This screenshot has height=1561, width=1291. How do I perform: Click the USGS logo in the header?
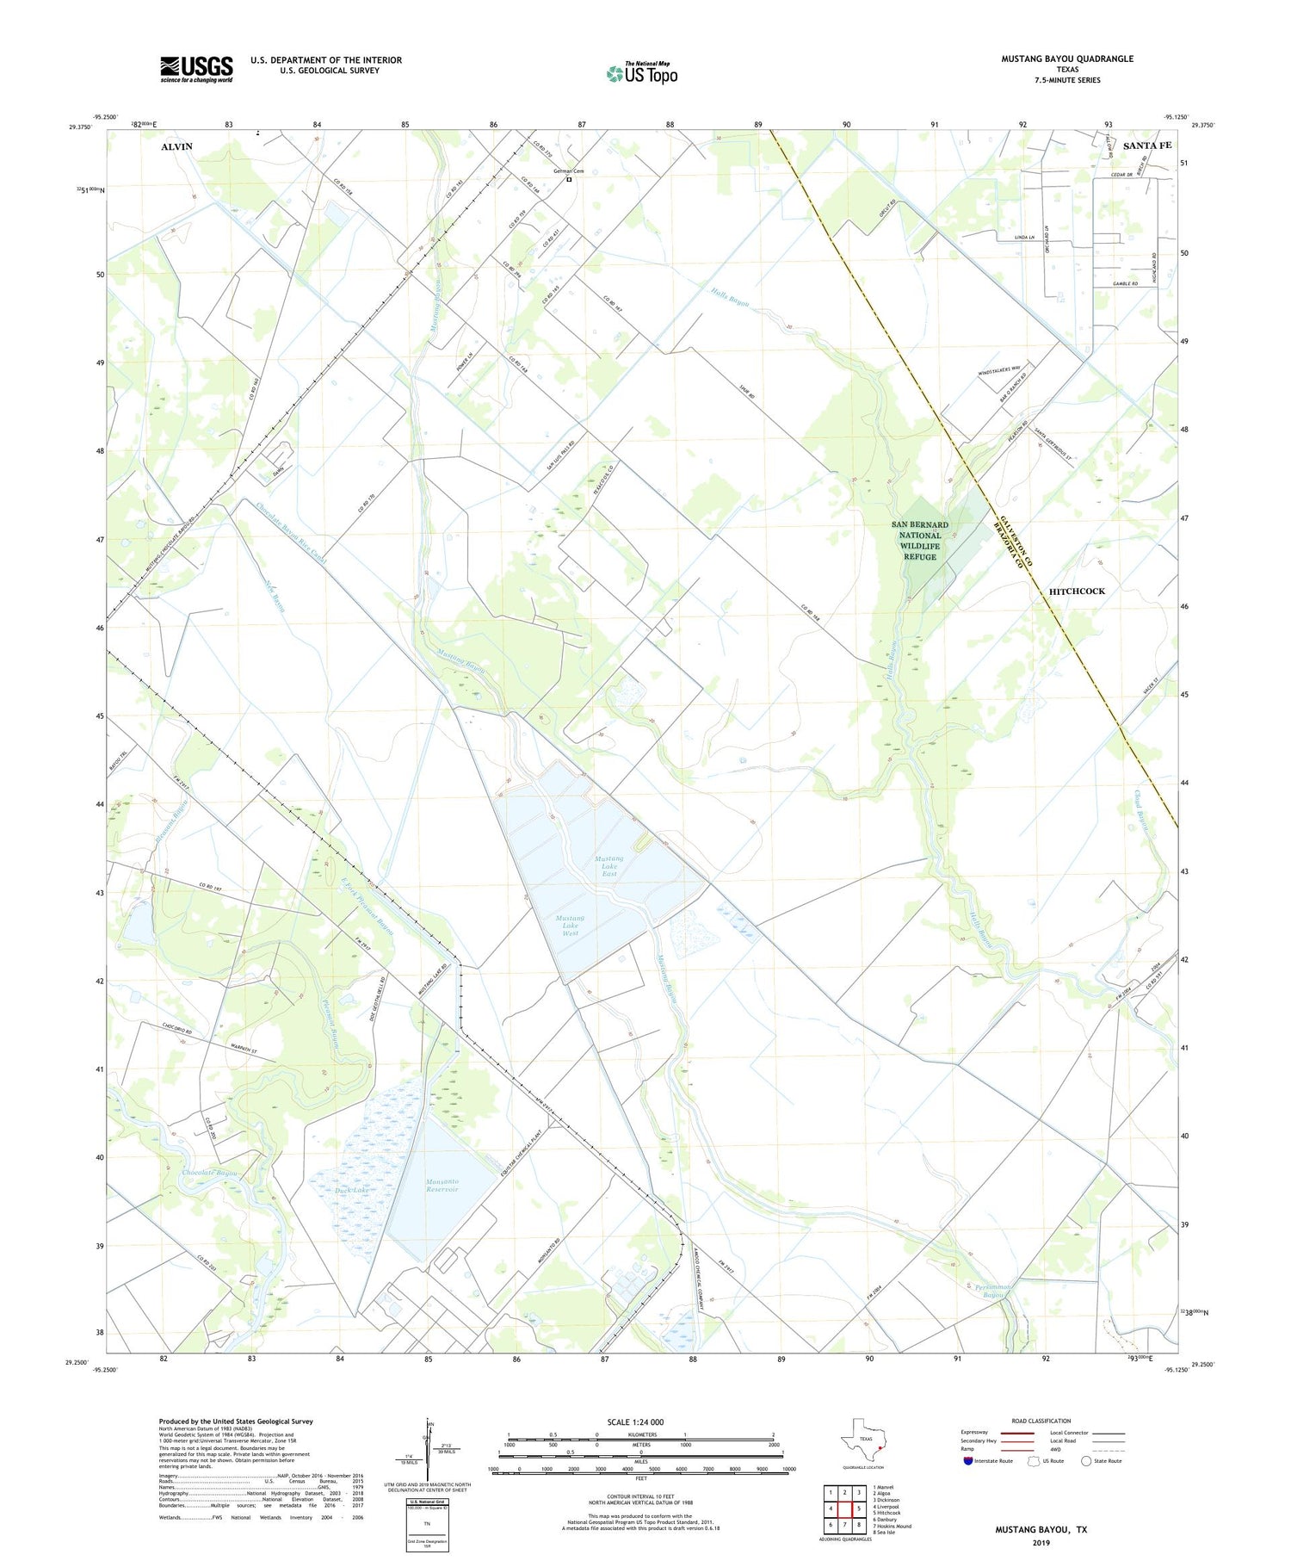196,69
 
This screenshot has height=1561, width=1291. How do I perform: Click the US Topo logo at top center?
642,74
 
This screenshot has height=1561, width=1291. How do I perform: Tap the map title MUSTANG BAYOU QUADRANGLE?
1066,59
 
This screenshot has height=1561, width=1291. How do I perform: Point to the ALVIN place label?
176,147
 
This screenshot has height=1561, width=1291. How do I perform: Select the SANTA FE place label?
1147,146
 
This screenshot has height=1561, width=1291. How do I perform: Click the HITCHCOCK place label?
1077,591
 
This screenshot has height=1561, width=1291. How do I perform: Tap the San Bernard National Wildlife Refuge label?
919,540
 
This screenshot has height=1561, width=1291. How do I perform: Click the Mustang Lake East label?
609,866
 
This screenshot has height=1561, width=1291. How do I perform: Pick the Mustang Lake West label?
571,926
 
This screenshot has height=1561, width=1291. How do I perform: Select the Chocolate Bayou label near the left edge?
209,1174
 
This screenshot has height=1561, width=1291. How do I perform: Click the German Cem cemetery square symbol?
569,179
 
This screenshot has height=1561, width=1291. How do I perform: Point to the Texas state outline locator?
862,1438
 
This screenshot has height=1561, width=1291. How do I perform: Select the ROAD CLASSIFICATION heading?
1041,1421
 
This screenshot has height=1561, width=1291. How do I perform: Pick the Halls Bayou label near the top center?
729,298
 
